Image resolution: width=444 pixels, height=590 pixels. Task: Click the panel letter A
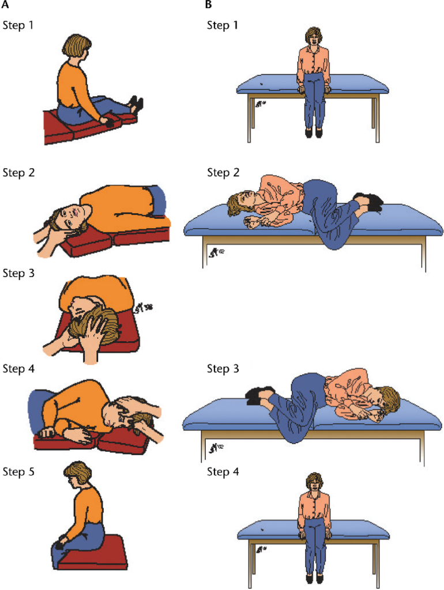coord(5,5)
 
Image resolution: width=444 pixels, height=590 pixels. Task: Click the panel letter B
coord(208,5)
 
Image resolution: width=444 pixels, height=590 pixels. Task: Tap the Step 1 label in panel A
coord(18,25)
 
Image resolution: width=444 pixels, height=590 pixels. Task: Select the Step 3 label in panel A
coord(18,273)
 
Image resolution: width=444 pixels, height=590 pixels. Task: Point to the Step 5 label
coord(18,471)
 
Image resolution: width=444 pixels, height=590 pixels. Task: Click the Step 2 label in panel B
coord(223,173)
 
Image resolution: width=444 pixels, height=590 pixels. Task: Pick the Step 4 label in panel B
coord(223,471)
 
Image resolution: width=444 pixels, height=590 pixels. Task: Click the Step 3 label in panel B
coord(223,368)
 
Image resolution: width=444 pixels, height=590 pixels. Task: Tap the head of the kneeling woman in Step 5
coord(77,475)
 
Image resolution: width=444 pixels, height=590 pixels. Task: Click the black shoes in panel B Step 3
coord(261,396)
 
